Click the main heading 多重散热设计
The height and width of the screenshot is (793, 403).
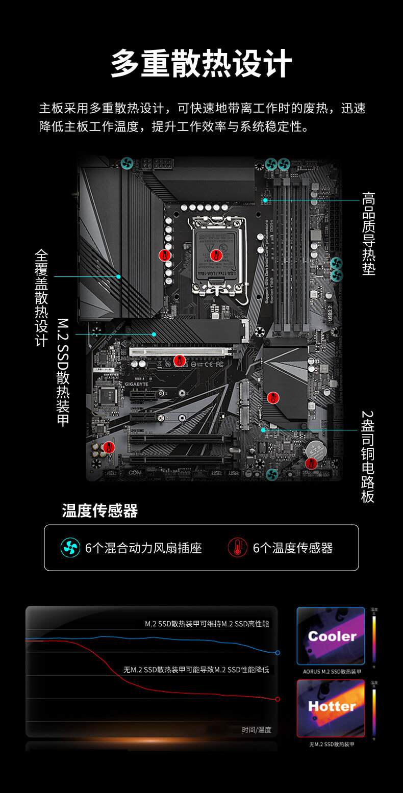tap(202, 64)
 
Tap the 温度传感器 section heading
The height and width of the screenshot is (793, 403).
tap(100, 510)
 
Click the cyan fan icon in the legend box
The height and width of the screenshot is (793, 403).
tap(70, 548)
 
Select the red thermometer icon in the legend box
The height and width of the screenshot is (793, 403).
tap(237, 548)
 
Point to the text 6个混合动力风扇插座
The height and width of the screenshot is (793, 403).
tap(143, 548)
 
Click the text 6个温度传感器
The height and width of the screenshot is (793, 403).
tap(293, 548)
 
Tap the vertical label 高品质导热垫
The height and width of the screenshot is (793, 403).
tap(368, 234)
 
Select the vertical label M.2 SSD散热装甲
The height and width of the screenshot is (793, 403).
tap(63, 373)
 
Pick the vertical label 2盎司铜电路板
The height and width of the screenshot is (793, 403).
tap(368, 456)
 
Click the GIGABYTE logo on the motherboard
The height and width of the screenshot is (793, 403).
tap(137, 384)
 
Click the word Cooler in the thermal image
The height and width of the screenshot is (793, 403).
tap(332, 636)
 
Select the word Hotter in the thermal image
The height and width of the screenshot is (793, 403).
tap(332, 706)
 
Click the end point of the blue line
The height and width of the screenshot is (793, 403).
tap(278, 653)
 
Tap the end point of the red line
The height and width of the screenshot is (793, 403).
tap(278, 699)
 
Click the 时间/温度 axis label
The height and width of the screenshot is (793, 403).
tap(256, 730)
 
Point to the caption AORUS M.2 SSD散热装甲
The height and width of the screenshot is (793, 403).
tap(332, 672)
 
